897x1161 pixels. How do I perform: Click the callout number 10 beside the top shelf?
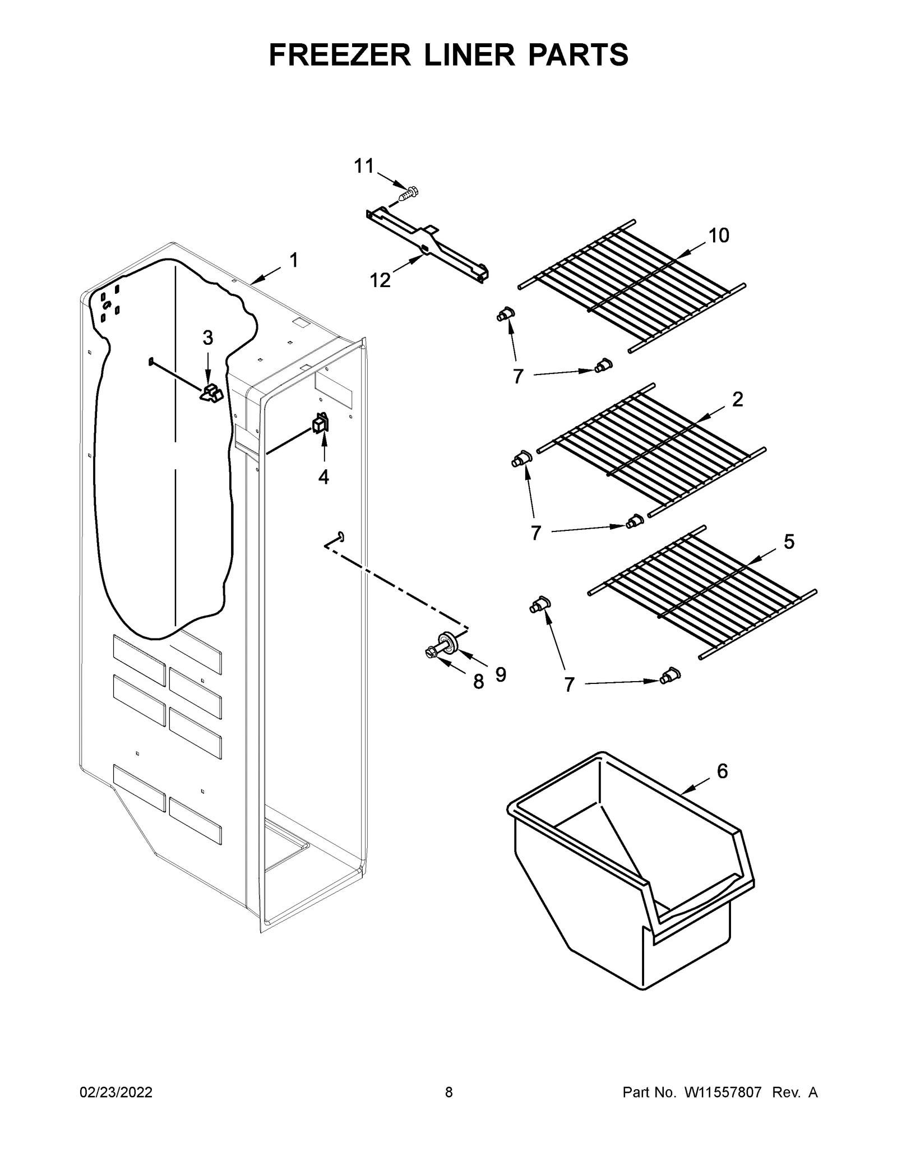(719, 235)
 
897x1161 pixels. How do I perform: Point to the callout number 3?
(207, 337)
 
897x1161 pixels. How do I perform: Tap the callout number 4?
(323, 477)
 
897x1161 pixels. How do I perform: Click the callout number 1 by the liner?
(294, 260)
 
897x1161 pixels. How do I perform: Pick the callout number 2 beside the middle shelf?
(738, 399)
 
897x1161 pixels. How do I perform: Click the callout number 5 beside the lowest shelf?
(789, 542)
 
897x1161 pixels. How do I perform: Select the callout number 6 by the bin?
(722, 771)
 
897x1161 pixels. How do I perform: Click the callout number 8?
(478, 682)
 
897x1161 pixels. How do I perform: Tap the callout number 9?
(501, 675)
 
